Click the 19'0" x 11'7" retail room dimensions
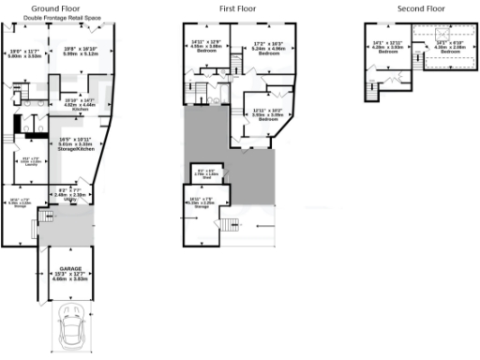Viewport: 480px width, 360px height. pos(26,53)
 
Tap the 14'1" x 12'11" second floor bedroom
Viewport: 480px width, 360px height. pos(388,47)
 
